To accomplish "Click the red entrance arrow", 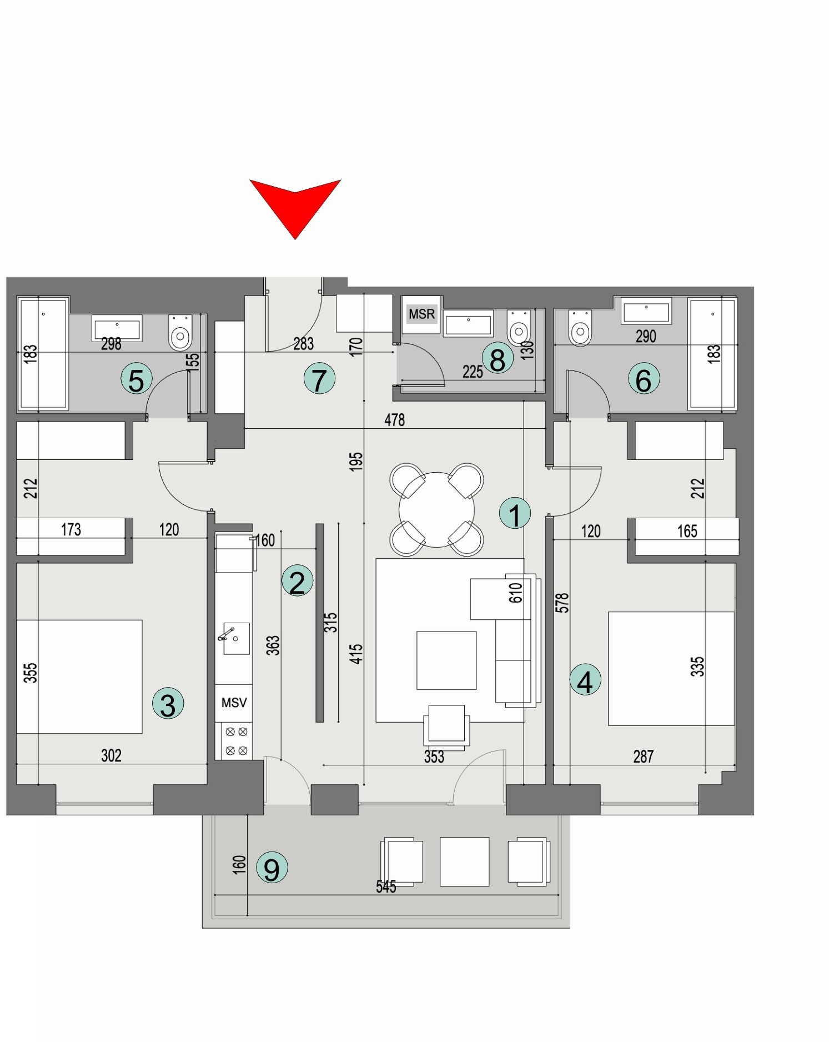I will click(x=295, y=206).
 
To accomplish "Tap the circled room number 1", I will click(x=515, y=513).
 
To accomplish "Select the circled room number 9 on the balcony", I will click(x=272, y=868).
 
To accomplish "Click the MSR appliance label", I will click(x=421, y=314).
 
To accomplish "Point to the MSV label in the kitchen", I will click(x=234, y=703).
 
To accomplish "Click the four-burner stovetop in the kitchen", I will click(x=236, y=741).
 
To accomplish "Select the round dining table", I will click(x=436, y=509).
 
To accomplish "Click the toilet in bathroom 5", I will click(x=180, y=333).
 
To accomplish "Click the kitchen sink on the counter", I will click(x=236, y=638).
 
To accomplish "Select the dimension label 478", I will click(x=394, y=420).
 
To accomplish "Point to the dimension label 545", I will click(x=386, y=886).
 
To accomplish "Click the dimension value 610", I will click(x=516, y=593).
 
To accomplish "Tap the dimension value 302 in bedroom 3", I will click(x=111, y=755).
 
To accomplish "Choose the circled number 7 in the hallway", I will click(x=319, y=380).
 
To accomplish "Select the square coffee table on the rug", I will click(x=446, y=660).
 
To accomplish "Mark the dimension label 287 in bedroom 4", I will click(x=643, y=756).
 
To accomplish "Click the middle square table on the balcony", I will click(x=464, y=861).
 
